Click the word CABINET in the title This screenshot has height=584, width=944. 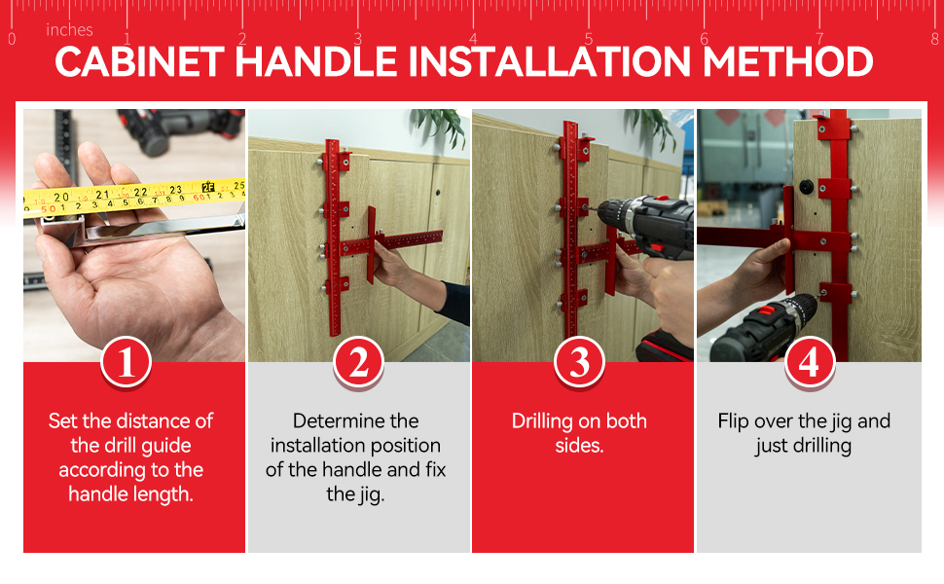click(x=140, y=61)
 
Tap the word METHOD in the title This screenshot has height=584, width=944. click(x=787, y=61)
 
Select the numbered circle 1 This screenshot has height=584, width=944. click(x=126, y=362)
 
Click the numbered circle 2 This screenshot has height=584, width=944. click(x=358, y=362)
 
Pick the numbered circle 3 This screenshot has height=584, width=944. click(x=579, y=362)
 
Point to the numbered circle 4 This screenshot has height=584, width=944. click(x=809, y=362)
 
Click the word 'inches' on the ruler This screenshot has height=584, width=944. click(x=69, y=29)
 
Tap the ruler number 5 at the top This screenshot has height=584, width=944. click(x=588, y=39)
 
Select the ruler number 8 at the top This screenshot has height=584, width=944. click(x=934, y=39)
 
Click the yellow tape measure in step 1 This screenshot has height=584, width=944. click(x=134, y=197)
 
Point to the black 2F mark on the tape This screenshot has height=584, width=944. click(x=209, y=187)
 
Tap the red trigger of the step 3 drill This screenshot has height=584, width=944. click(x=657, y=247)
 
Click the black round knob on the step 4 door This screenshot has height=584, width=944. click(x=807, y=187)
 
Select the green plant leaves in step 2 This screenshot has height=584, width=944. click(x=441, y=126)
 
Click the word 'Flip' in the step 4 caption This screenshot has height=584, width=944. click(x=732, y=421)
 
